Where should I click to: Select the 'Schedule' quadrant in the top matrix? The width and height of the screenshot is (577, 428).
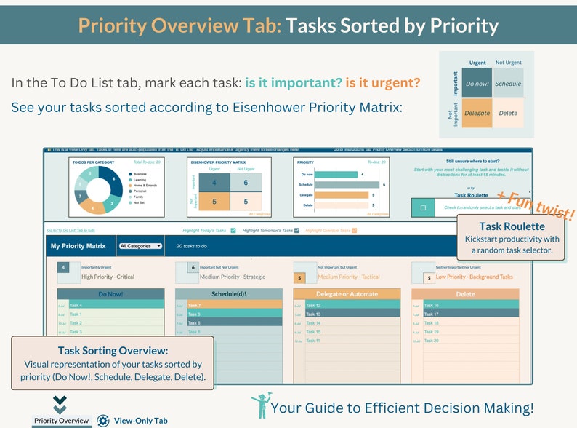pos(508,84)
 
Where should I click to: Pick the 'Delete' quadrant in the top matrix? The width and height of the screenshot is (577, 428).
pos(508,113)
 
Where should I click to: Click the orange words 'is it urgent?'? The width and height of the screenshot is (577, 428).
pos(382,83)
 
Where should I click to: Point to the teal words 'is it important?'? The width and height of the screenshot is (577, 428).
pos(293,83)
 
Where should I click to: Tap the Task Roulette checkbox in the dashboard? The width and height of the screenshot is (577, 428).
pos(423,207)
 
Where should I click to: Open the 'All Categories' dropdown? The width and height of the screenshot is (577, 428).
pos(140,246)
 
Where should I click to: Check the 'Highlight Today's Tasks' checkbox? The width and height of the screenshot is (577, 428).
pos(233,231)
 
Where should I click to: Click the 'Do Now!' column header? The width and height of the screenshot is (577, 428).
pos(111,294)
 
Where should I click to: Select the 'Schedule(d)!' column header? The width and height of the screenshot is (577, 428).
pos(229,294)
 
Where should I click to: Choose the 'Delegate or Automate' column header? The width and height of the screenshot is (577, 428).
pos(347,294)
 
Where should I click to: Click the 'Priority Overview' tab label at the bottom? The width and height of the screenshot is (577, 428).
pos(62,421)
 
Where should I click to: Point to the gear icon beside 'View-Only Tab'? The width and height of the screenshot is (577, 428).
pos(103,421)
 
